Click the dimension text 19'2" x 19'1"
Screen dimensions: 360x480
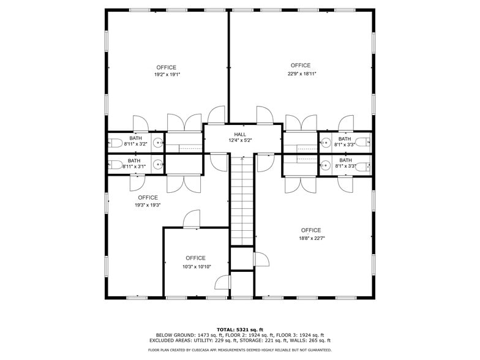[167, 75]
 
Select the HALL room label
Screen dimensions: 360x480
[240, 134]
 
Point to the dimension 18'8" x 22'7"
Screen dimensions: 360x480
[311, 238]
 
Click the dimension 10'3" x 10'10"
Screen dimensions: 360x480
[196, 266]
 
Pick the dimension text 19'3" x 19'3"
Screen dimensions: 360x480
[148, 206]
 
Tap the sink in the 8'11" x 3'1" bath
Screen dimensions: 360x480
[157, 164]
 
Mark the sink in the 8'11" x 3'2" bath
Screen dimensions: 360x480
[157, 143]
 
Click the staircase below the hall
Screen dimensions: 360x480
[242, 199]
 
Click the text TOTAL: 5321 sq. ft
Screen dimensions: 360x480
[239, 329]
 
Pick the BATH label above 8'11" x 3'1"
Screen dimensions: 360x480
[134, 160]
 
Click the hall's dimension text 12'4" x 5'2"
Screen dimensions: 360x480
[240, 140]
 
